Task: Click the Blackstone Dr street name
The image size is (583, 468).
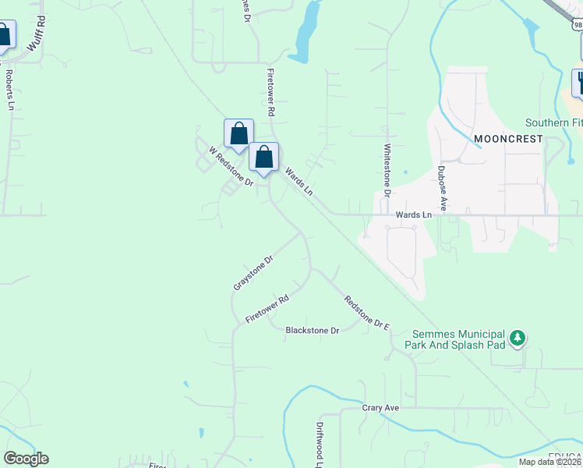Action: tap(313, 330)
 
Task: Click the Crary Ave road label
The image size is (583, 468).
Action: tap(380, 408)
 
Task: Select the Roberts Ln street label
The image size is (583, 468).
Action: tap(10, 90)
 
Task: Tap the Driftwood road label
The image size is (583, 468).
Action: tap(320, 441)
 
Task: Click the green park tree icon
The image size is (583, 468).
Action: tap(517, 339)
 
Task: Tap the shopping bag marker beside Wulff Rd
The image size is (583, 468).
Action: tap(4, 35)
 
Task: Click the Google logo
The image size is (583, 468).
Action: tap(26, 459)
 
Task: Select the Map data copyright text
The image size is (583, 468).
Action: tap(550, 462)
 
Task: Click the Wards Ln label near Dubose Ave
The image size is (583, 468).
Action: tap(413, 214)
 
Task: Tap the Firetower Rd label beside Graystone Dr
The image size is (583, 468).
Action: tap(267, 309)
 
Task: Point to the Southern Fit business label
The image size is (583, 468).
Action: tap(553, 122)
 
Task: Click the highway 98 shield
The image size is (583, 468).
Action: tap(576, 25)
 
